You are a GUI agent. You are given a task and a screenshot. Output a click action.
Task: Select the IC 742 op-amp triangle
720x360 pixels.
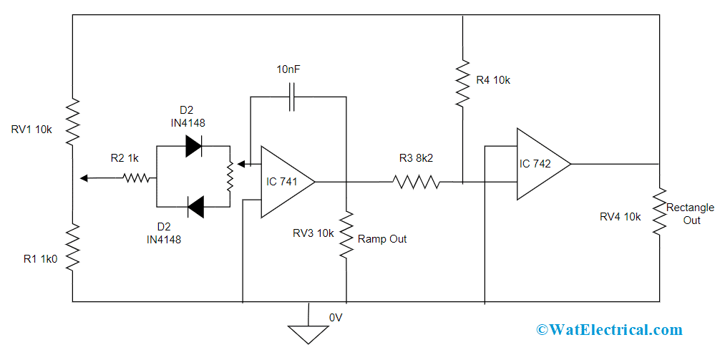tap(539, 164)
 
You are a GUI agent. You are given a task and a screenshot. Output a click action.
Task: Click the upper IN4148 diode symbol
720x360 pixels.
tap(194, 145)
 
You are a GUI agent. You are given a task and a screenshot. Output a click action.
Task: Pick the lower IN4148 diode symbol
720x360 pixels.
tap(195, 208)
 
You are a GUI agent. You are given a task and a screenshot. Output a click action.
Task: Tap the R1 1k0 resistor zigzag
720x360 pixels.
tap(73, 247)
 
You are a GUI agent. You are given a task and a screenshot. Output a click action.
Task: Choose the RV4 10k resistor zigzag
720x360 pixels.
tap(658, 213)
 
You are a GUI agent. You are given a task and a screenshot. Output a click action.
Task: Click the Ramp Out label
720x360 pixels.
tap(381, 239)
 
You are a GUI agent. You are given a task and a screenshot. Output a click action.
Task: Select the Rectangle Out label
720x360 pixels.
tap(690, 214)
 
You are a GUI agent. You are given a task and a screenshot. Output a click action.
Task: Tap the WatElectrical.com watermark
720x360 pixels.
tap(609, 330)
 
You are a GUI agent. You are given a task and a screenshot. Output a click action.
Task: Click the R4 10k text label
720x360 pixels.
tap(493, 80)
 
